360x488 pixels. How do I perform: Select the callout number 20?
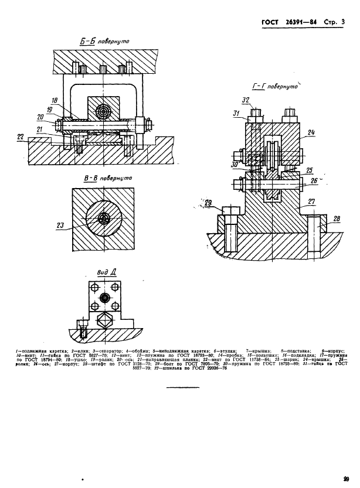(40, 117)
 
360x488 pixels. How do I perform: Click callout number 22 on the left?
(21, 136)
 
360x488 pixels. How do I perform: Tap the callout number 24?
(311, 132)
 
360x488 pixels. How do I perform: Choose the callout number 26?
(315, 181)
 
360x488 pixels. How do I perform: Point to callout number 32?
(246, 100)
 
